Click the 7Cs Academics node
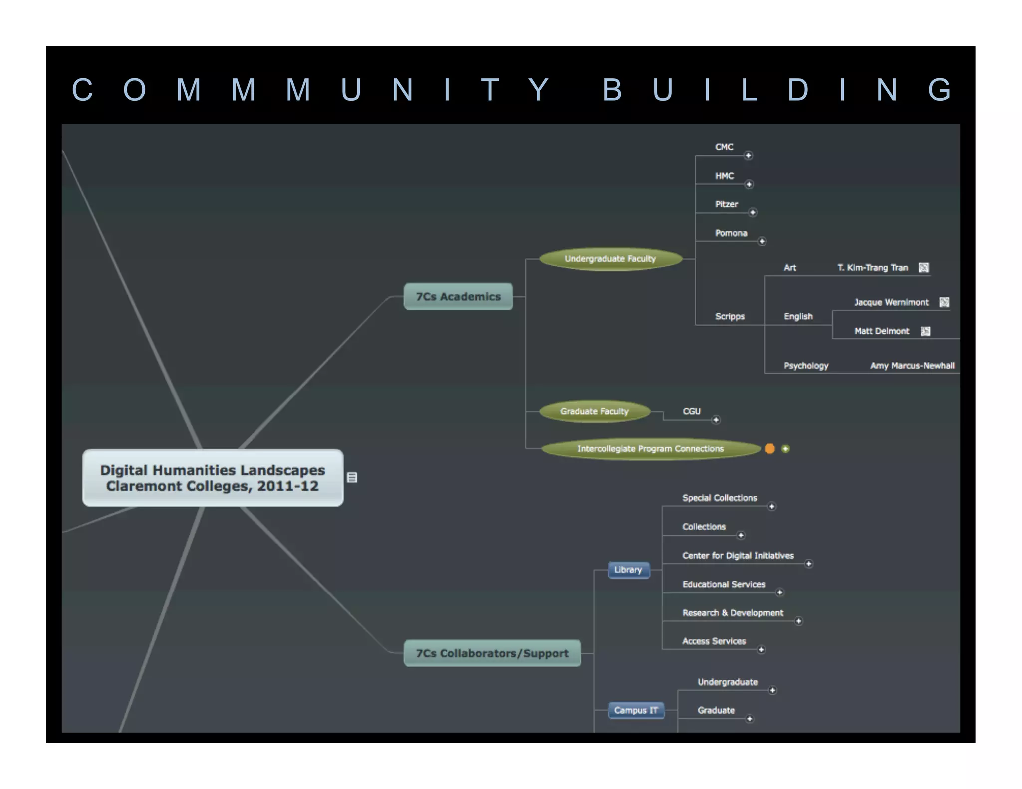[458, 297]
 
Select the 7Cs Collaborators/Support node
[492, 653]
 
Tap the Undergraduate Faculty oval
[610, 259]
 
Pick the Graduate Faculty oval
[594, 411]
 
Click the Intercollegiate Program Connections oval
[650, 449]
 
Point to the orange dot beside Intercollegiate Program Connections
[770, 449]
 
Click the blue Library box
[628, 570]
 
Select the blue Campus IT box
[636, 710]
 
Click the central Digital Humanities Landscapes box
[213, 478]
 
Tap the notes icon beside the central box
[352, 478]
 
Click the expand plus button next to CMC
[748, 156]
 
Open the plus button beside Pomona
[762, 242]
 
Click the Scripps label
[730, 316]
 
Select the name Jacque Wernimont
[891, 302]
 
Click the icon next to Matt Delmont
[926, 331]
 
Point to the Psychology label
[806, 366]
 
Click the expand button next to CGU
[716, 420]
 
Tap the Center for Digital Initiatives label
[738, 556]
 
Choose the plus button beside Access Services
[761, 650]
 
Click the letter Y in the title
[538, 90]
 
